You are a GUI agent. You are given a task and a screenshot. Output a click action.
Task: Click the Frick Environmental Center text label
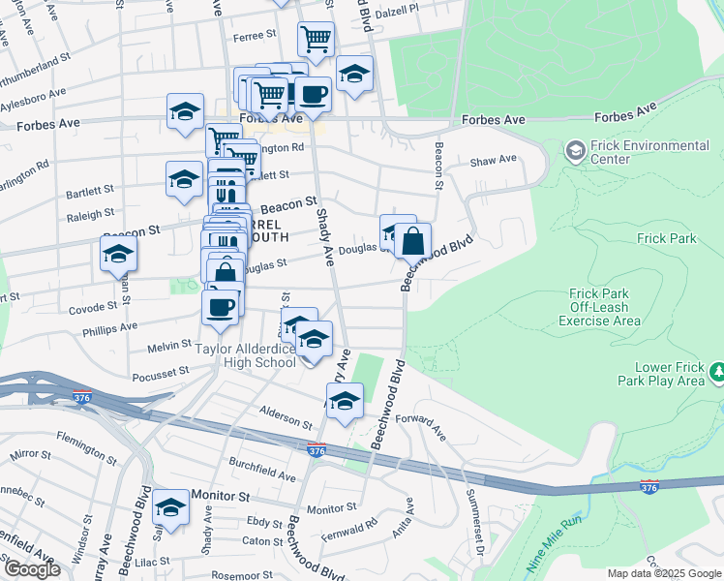tap(649, 152)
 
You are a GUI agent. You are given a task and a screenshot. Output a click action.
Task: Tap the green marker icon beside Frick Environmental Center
tap(575, 151)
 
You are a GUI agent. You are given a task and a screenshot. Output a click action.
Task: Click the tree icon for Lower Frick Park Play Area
tap(717, 372)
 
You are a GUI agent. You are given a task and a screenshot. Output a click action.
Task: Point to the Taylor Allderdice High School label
tap(247, 355)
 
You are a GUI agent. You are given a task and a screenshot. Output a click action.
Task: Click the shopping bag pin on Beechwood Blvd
tap(412, 241)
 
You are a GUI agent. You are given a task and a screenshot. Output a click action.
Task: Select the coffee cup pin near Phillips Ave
tap(220, 307)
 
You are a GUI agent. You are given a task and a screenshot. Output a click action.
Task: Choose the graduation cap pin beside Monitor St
tap(170, 507)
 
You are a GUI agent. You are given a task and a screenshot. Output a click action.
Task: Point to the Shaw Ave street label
tap(493, 161)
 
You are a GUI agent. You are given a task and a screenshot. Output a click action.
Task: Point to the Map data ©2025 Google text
tap(662, 573)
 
